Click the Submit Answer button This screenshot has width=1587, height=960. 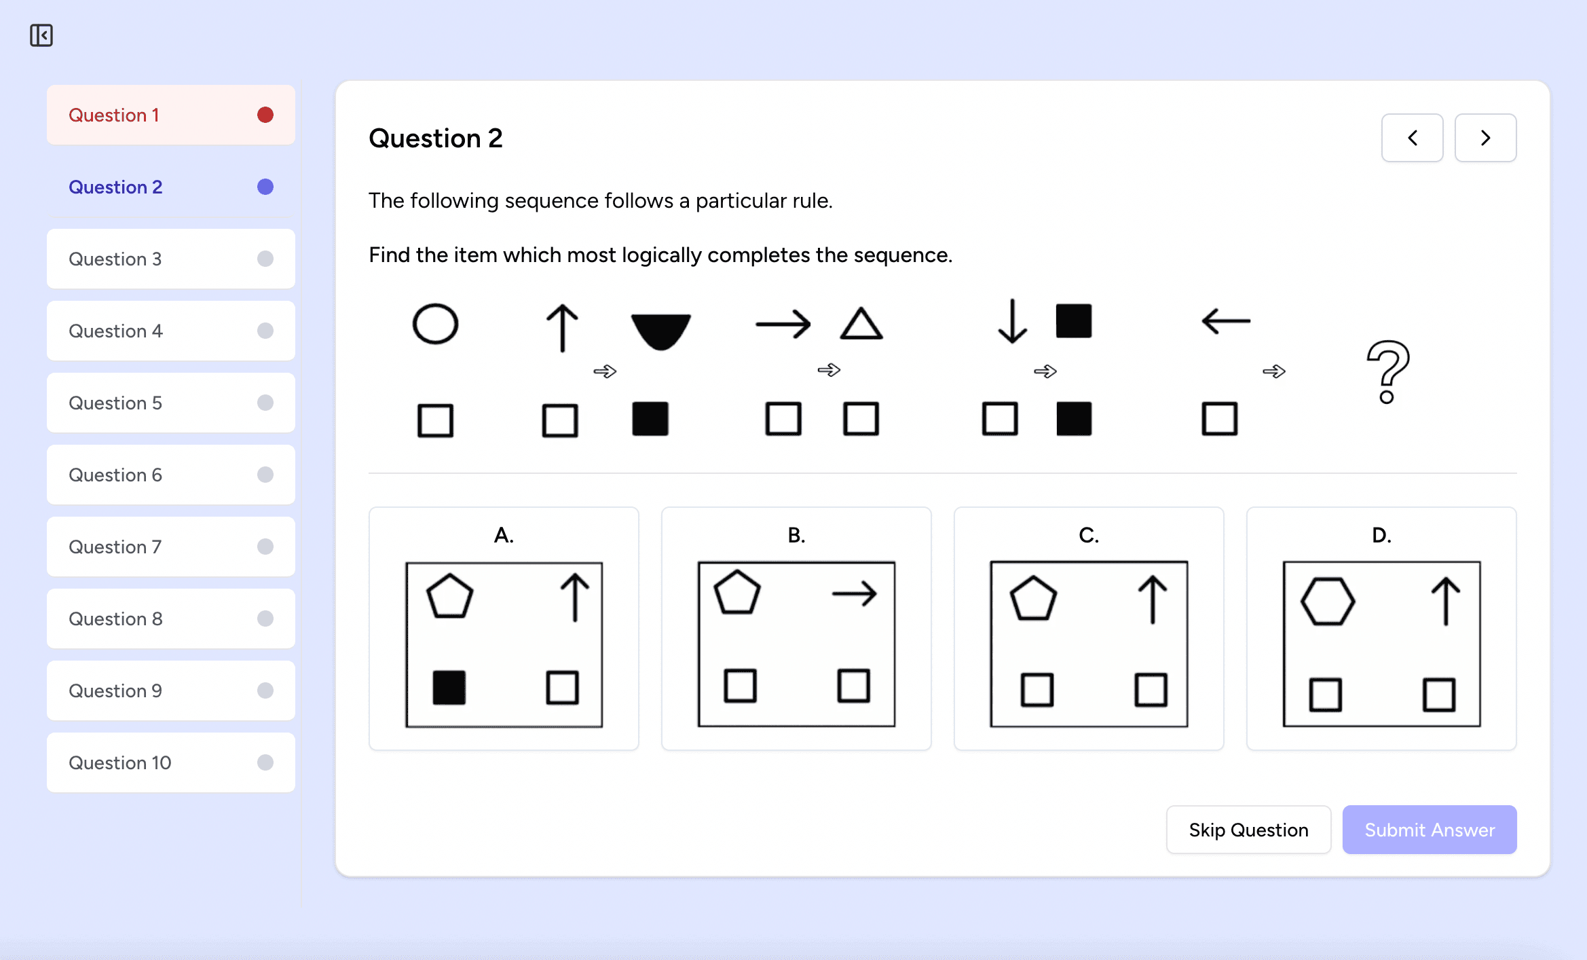pos(1429,830)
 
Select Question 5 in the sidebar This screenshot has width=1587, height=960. pos(170,403)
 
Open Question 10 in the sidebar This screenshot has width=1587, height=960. pos(170,762)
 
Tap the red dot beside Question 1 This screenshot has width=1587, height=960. pos(265,115)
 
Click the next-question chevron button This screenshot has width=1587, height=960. pos(1485,138)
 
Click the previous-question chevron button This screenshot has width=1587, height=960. pos(1412,138)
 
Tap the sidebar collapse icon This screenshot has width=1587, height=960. pos(41,35)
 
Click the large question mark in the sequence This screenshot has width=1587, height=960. pos(1387,371)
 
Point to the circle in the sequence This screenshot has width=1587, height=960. pos(435,324)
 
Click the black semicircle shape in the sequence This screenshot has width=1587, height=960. pos(660,330)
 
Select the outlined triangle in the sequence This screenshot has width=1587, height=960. pos(861,324)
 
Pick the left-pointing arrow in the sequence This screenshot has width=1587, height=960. pos(1225,320)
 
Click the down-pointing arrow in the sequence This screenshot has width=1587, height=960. pos(1012,321)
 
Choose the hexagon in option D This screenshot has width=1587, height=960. pos(1327,601)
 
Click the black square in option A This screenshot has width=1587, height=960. pos(449,687)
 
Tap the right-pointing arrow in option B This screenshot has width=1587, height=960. pos(854,593)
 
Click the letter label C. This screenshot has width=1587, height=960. pos(1089,536)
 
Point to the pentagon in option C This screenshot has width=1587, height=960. pos(1033,599)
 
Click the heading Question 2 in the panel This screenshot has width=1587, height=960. pos(436,139)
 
